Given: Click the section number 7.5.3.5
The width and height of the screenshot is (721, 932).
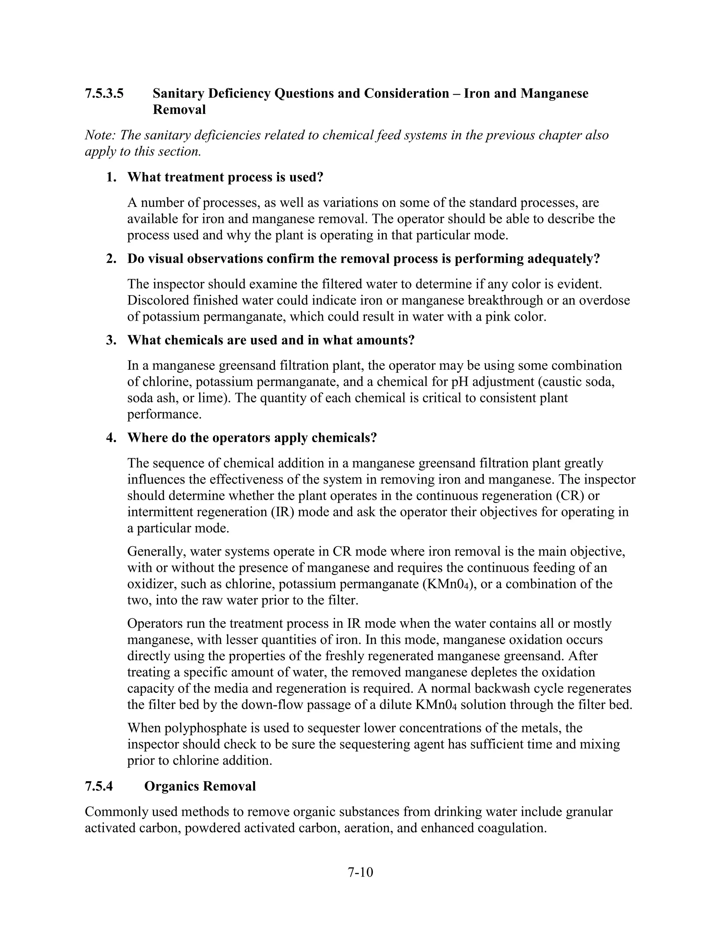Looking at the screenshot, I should click(104, 94).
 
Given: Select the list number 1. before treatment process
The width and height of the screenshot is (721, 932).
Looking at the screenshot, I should click(112, 177).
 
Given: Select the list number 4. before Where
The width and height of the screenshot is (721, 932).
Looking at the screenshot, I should click(112, 438).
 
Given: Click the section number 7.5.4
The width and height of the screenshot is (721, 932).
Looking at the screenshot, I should click(99, 786).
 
